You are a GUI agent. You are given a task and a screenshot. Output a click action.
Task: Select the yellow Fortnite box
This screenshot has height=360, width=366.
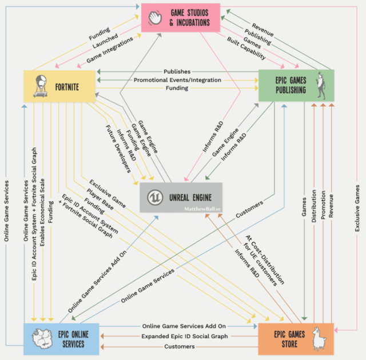(x=59, y=87)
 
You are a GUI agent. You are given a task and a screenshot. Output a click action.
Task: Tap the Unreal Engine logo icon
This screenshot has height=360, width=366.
(x=154, y=197)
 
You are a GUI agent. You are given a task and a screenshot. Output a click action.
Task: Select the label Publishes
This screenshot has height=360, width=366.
(x=177, y=72)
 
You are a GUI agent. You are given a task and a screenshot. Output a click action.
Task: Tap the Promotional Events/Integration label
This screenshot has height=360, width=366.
(x=177, y=80)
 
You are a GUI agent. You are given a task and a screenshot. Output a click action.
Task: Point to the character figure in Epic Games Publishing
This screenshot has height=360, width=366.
(x=323, y=86)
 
